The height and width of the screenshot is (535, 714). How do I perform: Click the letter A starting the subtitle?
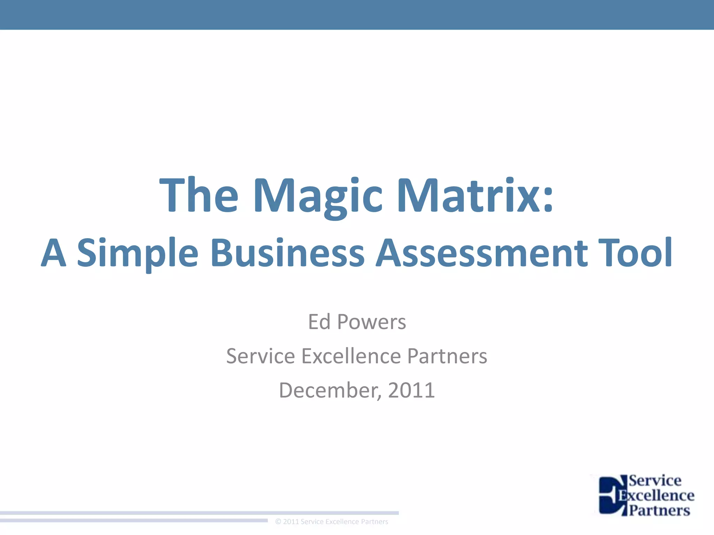pyautogui.click(x=54, y=253)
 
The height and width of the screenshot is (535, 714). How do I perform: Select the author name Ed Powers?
pyautogui.click(x=357, y=322)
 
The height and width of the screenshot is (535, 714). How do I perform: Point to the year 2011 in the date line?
pyautogui.click(x=411, y=390)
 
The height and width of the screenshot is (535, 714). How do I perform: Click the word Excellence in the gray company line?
pyautogui.click(x=351, y=356)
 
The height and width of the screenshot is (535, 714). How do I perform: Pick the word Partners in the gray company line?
pyautogui.click(x=447, y=356)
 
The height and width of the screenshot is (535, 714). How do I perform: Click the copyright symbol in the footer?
pyautogui.click(x=278, y=521)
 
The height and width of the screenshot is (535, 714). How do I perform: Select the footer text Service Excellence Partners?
pyautogui.click(x=344, y=521)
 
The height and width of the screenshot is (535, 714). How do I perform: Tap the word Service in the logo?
pyautogui.click(x=655, y=481)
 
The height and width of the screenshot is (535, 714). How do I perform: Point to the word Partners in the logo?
pyautogui.click(x=659, y=510)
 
